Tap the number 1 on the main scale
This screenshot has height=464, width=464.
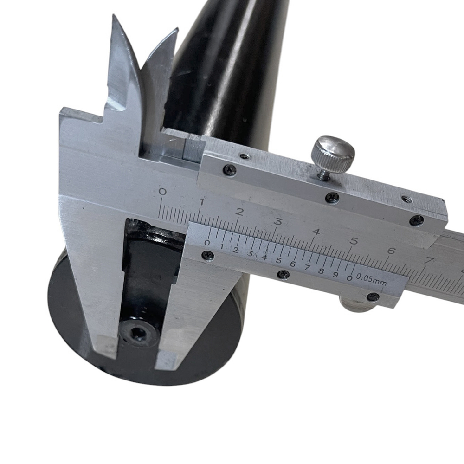coord(202,202)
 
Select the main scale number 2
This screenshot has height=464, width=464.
coord(240,212)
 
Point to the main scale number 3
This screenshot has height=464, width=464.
coord(278,221)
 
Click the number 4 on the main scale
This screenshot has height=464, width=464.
coord(316,231)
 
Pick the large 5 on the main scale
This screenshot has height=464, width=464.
coord(354,241)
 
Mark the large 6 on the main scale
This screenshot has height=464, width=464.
coord(391,251)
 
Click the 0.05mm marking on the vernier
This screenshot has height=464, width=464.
coord(371,280)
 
